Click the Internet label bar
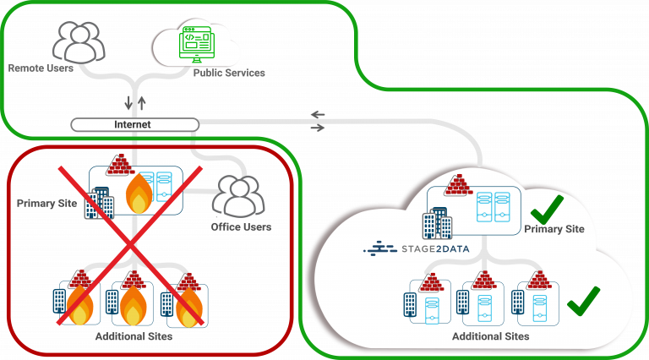pyautogui.click(x=134, y=125)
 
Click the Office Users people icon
pyautogui.click(x=237, y=196)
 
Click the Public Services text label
pyautogui.click(x=229, y=73)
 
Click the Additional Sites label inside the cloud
pyautogui.click(x=491, y=336)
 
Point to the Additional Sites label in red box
pyautogui.click(x=134, y=337)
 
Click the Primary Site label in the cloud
pyautogui.click(x=554, y=229)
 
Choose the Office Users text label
pyautogui.click(x=241, y=227)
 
